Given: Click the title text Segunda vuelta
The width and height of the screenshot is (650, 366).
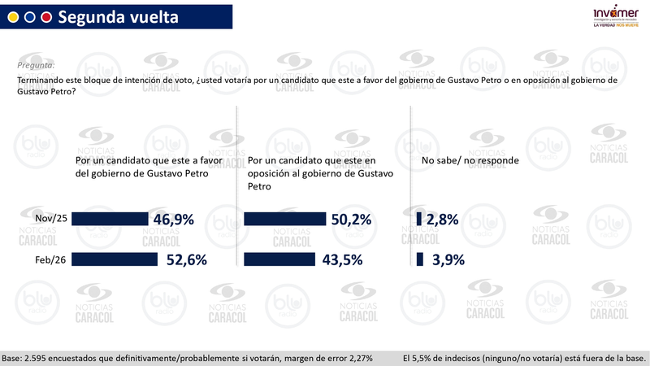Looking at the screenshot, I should point(118,16).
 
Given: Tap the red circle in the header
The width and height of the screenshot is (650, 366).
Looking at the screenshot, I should point(46,17).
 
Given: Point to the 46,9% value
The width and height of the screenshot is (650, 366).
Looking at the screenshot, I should point(171,219).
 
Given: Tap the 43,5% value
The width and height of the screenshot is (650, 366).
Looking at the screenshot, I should point(341,259).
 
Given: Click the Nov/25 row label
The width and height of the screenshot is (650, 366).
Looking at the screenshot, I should point(50,218).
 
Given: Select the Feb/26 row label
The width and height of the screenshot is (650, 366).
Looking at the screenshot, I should point(51,259).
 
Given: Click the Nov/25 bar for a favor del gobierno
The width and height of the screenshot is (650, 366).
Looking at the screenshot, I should point(110,219).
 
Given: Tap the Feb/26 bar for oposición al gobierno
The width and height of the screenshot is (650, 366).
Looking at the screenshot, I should point(279,259).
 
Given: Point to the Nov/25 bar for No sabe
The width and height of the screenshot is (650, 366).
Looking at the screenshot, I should point(418,219).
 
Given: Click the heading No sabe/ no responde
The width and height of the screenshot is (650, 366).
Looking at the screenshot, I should point(470,161).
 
